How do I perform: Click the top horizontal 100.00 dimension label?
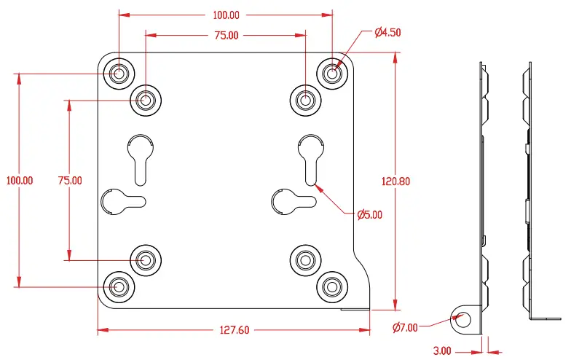tap(226, 15)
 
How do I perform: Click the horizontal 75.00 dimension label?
tap(226, 35)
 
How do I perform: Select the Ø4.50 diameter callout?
tap(388, 32)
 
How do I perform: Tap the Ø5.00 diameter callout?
tap(369, 215)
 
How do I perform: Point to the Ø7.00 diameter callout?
tap(405, 327)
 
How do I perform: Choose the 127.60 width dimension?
tap(234, 330)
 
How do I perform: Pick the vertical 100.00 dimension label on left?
tap(19, 180)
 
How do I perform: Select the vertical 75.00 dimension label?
tap(70, 180)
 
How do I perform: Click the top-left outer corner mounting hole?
tap(118, 73)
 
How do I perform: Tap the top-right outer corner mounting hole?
tap(332, 73)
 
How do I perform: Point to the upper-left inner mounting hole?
tap(145, 100)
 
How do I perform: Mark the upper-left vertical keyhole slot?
tap(139, 156)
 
